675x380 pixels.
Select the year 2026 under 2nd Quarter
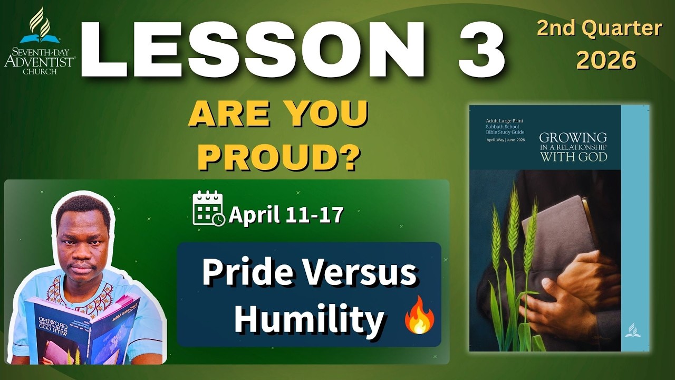(606, 61)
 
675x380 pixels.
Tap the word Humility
(308, 318)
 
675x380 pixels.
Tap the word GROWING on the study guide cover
(573, 138)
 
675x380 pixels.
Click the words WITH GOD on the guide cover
(573, 157)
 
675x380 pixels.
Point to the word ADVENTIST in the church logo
(39, 61)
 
